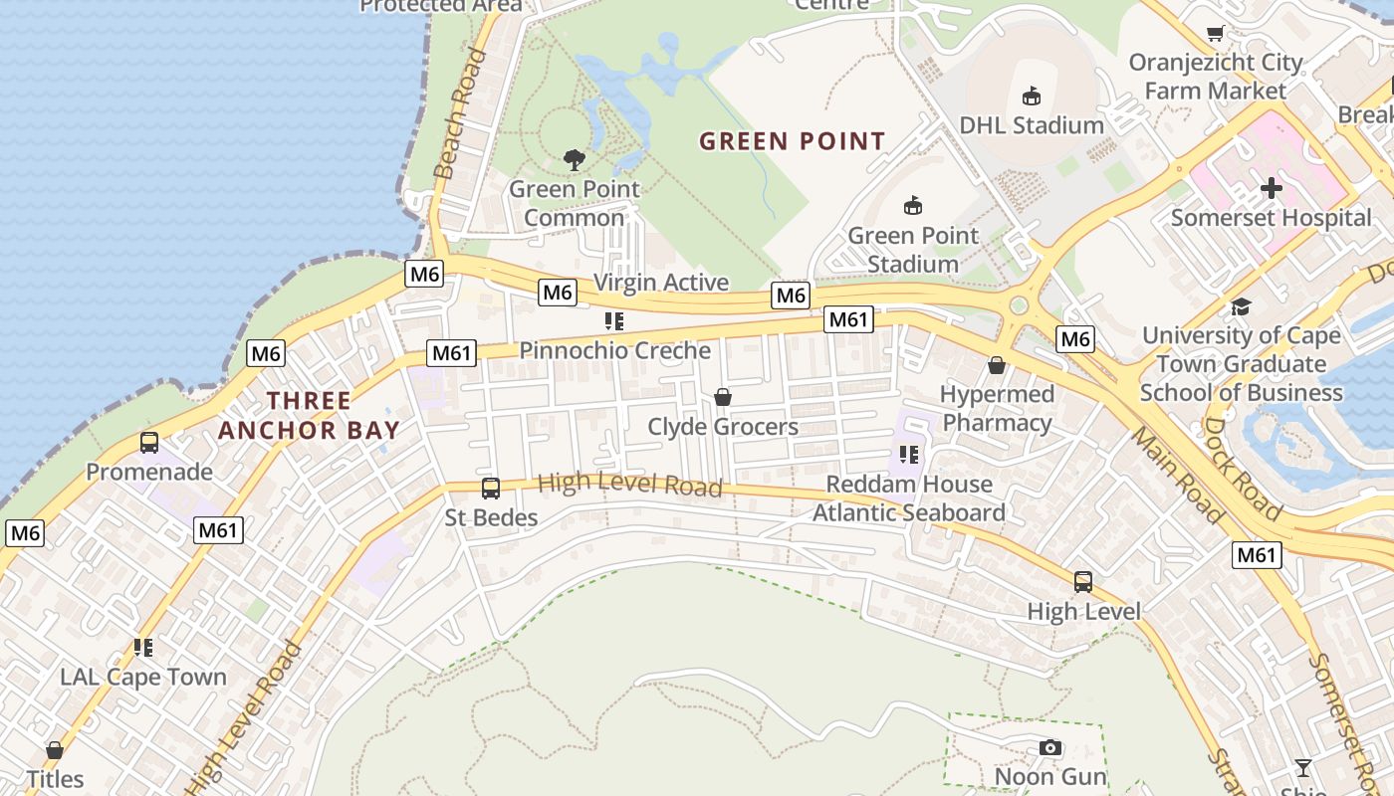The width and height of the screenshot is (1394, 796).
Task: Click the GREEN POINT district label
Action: click(792, 141)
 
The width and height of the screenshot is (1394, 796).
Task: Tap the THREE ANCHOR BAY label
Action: click(309, 416)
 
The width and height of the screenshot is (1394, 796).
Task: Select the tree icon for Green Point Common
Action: click(574, 159)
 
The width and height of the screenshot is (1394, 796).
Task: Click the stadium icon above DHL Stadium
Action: click(1031, 97)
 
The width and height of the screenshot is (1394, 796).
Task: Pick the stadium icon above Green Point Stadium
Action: click(912, 206)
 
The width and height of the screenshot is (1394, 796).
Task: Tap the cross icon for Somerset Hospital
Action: click(1271, 187)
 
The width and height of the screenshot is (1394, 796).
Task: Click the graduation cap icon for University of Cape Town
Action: click(1241, 306)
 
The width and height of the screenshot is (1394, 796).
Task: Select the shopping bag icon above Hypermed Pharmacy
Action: click(996, 366)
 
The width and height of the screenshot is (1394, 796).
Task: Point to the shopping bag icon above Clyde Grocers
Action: click(723, 398)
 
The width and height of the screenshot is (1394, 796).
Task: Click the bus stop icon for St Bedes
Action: click(490, 489)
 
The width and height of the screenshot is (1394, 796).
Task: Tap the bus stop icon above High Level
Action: click(1083, 582)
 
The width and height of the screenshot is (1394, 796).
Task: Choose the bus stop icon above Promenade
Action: click(149, 443)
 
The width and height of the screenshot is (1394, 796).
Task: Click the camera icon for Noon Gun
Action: click(1049, 747)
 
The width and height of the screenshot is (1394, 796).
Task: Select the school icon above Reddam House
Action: click(908, 455)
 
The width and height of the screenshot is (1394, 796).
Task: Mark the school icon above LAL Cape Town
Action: click(143, 648)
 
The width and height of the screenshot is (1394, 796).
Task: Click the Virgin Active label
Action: click(661, 283)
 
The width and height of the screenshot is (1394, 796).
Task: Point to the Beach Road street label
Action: click(460, 114)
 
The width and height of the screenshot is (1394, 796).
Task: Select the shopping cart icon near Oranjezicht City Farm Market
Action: click(1215, 34)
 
